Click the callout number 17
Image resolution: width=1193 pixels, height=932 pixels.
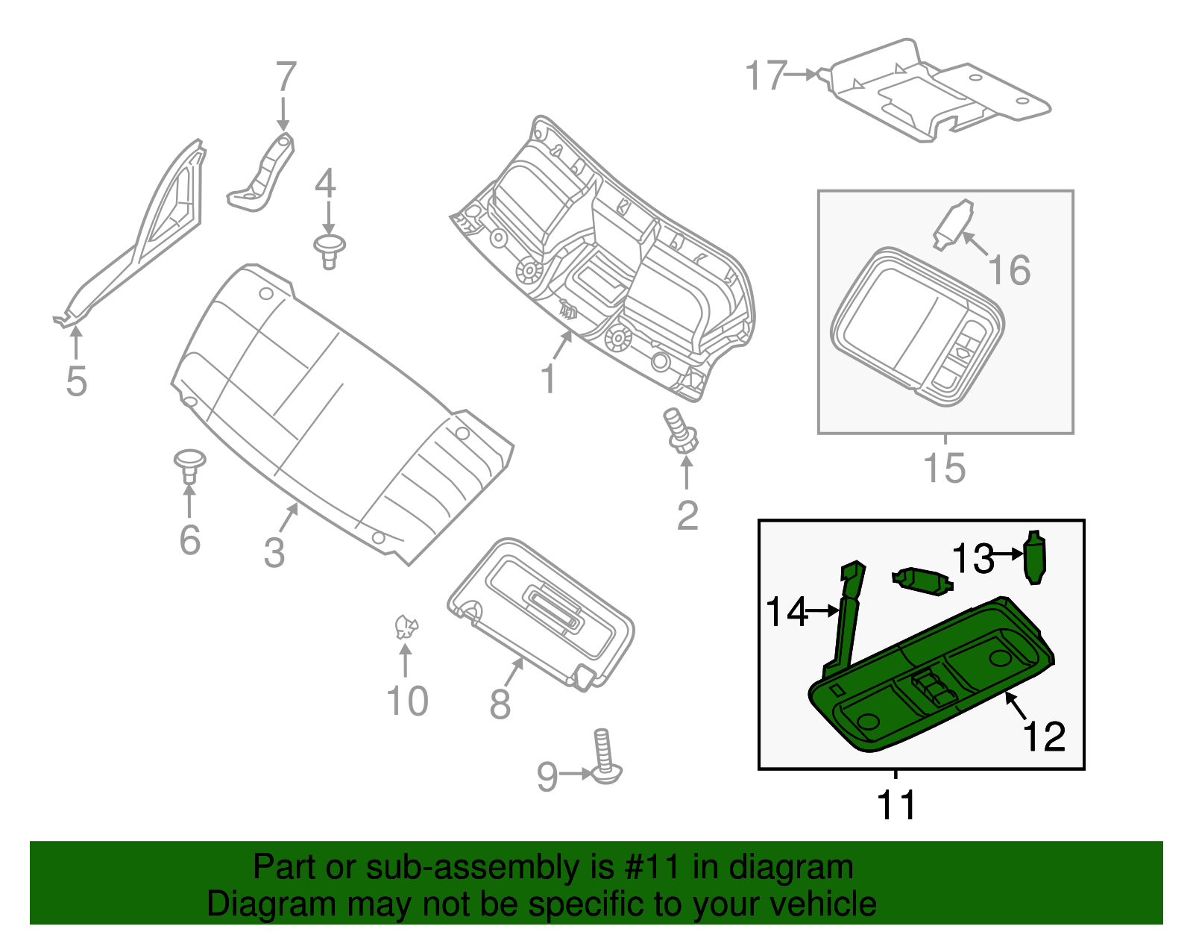(x=766, y=76)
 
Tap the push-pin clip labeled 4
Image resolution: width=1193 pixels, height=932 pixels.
(x=329, y=249)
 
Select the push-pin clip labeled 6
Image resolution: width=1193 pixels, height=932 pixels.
(x=189, y=464)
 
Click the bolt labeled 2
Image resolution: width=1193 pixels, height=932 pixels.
(x=681, y=432)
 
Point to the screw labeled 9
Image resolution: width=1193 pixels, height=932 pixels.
(x=605, y=757)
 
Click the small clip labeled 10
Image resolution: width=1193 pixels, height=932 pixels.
(x=406, y=627)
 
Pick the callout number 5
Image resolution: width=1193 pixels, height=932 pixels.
(x=76, y=381)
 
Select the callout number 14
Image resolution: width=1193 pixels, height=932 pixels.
(x=787, y=612)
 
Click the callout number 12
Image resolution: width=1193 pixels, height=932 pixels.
(x=1044, y=736)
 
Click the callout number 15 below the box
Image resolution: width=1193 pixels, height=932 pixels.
(x=944, y=469)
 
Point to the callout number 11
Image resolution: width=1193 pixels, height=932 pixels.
(x=895, y=804)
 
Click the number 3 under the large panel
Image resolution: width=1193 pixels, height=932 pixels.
(x=274, y=552)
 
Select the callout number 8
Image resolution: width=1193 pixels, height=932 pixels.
(x=500, y=704)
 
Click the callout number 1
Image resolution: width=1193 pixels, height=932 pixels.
(x=548, y=379)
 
